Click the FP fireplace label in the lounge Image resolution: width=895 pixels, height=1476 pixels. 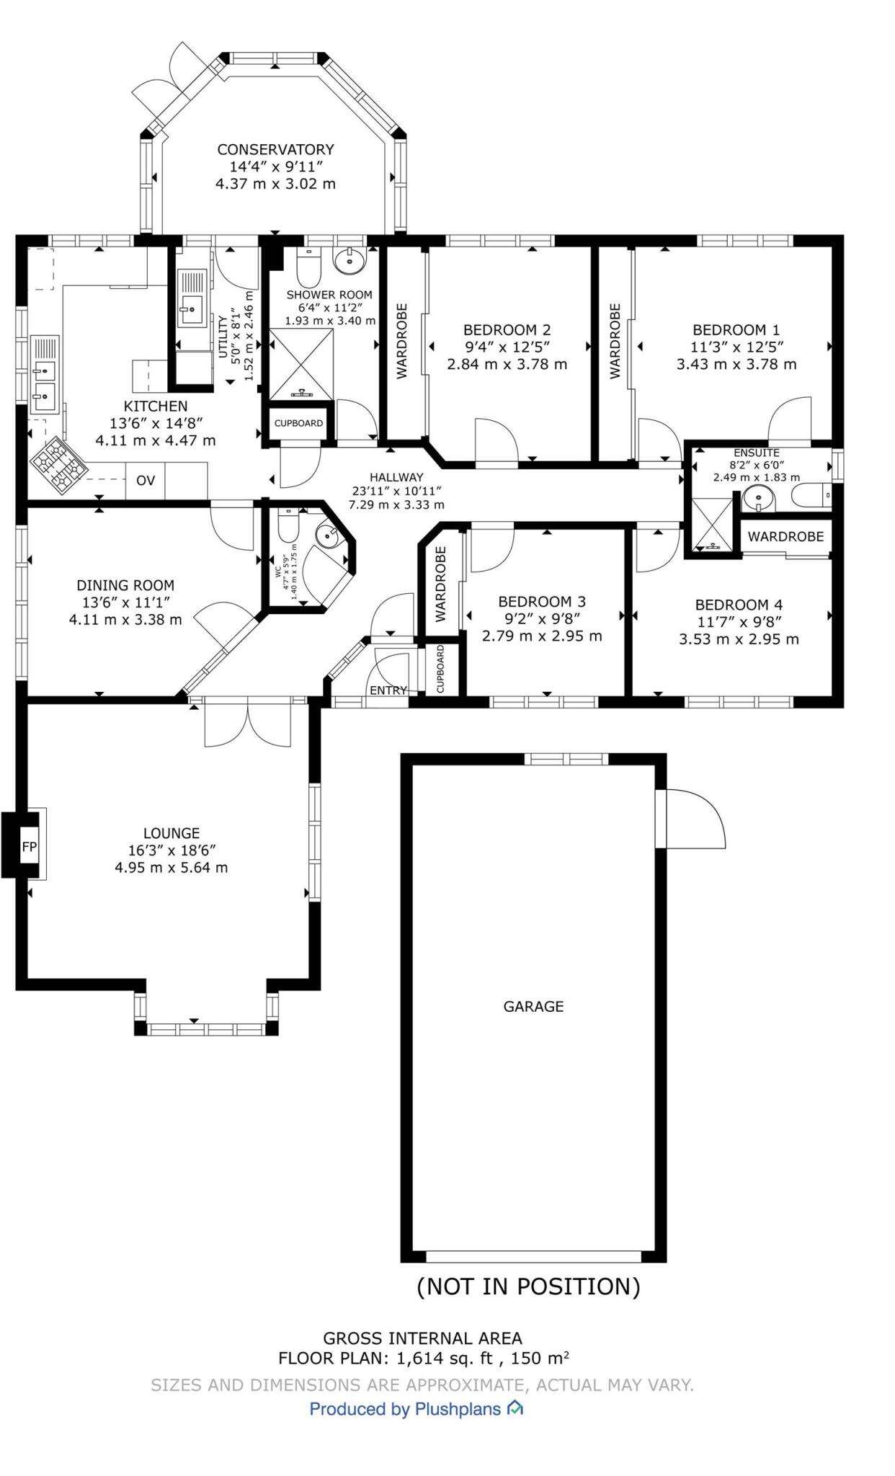point(29,847)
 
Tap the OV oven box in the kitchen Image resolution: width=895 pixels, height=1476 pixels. point(146,481)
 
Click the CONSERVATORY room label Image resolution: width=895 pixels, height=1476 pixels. point(275,150)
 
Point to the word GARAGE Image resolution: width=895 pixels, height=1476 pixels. point(533,1006)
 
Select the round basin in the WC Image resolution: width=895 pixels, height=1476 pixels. point(329,535)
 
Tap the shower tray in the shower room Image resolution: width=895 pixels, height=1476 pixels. point(301,364)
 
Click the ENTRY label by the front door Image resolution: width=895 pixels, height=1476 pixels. point(388,690)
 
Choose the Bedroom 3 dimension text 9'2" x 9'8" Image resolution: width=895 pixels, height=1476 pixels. point(542,618)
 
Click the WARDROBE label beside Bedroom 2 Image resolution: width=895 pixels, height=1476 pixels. point(402,340)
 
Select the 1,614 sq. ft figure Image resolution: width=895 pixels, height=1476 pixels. point(446,1359)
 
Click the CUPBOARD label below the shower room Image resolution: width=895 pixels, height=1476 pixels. point(298,423)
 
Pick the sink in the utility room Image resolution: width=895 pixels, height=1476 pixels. point(191,308)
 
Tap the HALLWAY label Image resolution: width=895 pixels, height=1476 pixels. point(396,477)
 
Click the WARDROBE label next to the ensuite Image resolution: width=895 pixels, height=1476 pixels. point(785,536)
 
